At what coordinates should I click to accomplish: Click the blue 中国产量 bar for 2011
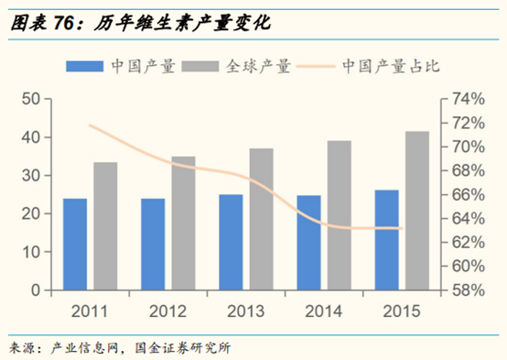click(x=75, y=244)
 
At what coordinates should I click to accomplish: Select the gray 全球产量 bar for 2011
click(x=105, y=225)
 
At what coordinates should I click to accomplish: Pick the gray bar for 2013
click(x=261, y=219)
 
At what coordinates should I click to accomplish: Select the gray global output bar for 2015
click(x=417, y=211)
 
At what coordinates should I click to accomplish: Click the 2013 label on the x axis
click(x=246, y=311)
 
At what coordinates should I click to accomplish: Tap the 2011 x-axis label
click(x=90, y=311)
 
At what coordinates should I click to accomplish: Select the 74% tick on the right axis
click(x=467, y=99)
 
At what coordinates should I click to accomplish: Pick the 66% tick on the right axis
click(x=467, y=194)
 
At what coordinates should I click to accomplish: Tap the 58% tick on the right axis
click(x=467, y=289)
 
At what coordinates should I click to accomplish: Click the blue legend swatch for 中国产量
click(x=85, y=66)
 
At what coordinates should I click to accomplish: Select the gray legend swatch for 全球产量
click(x=201, y=66)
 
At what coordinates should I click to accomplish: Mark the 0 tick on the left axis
click(x=34, y=289)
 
